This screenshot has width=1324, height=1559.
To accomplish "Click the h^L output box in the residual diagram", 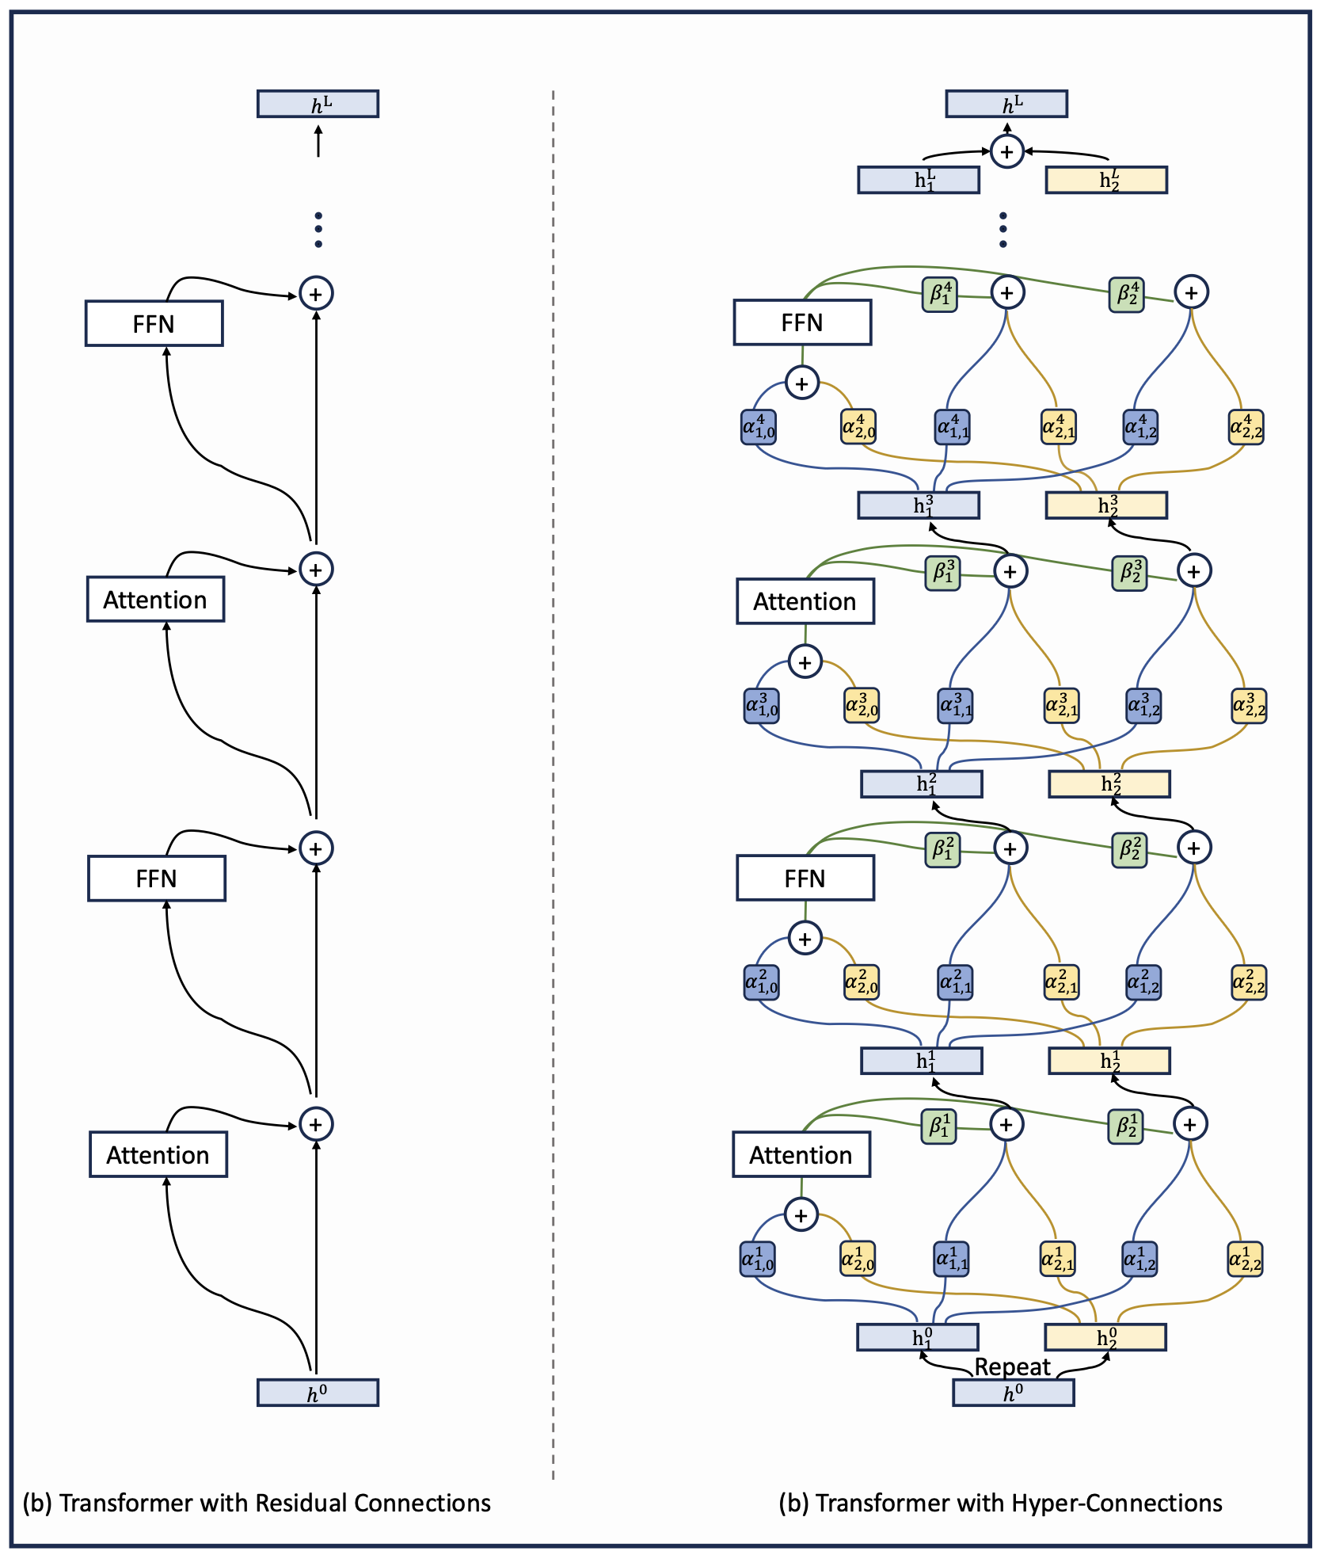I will click(318, 104).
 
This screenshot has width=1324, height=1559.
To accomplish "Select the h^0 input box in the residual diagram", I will click(318, 1392).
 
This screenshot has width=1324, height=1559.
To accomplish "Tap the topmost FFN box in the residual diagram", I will click(154, 323).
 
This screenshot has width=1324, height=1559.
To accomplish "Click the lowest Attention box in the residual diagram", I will click(158, 1154).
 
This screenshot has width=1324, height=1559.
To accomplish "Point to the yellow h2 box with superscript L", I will click(1105, 180).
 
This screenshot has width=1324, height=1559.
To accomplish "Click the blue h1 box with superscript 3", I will click(919, 505).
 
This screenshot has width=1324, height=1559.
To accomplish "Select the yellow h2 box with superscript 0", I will click(1105, 1337).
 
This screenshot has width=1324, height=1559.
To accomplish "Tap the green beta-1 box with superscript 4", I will click(940, 294).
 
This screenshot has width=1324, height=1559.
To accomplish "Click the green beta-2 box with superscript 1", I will click(1125, 1126).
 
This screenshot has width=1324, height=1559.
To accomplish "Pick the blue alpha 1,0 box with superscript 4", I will click(759, 427).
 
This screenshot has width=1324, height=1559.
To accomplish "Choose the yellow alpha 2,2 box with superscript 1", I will click(1245, 1259).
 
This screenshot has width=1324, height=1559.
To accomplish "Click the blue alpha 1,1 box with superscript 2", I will click(955, 982).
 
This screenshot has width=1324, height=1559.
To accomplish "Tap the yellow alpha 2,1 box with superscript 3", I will click(1061, 705).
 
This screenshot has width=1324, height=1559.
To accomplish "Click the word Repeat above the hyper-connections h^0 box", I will click(1012, 1367).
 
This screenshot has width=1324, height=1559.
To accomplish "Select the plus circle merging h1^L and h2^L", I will click(1006, 151).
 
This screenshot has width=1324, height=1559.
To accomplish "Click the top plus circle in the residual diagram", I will click(316, 294).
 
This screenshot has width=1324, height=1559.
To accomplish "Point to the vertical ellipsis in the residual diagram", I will click(318, 230).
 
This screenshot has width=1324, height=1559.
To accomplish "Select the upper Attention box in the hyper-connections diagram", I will click(805, 601).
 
